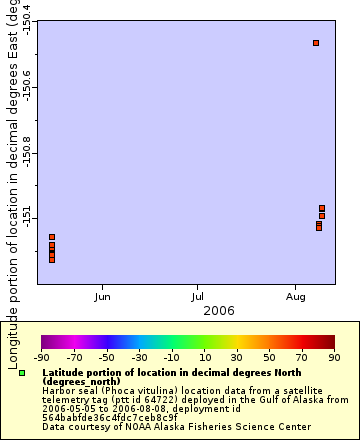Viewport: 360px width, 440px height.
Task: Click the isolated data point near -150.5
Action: tap(316, 43)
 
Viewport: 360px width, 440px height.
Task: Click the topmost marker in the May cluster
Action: tap(52, 237)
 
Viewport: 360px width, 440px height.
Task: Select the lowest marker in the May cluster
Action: tap(52, 259)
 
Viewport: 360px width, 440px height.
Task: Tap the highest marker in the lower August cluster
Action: tap(322, 208)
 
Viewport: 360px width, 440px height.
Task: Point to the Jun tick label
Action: tap(102, 297)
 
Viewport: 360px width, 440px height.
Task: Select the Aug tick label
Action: tap(295, 297)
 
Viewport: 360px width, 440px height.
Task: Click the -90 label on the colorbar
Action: tap(41, 357)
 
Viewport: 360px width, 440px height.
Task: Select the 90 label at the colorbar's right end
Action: tap(333, 357)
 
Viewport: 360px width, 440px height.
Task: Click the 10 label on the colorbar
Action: tap(204, 357)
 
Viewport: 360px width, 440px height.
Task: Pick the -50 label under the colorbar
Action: tap(106, 357)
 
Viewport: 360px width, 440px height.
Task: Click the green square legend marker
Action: tap(22, 372)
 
